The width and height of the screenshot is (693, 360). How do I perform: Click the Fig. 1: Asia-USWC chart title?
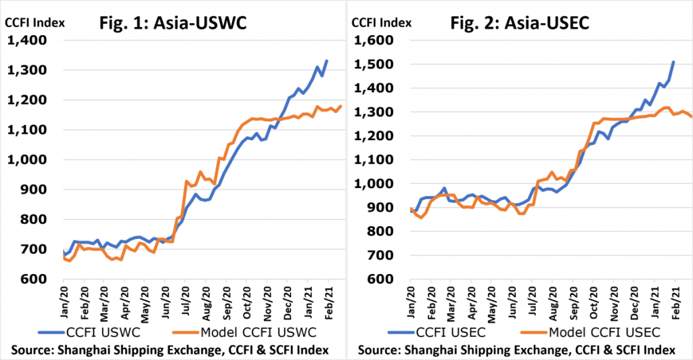173,23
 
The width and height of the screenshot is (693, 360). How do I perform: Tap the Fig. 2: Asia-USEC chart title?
520,23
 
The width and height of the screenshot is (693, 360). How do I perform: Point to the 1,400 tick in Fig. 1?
27,40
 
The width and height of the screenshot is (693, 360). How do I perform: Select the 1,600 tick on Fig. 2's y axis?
374,40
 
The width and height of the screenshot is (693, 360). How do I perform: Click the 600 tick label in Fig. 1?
33,279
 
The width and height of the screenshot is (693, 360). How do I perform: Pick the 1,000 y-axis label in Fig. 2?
374,184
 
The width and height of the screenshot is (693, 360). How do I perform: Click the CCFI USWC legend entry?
89,332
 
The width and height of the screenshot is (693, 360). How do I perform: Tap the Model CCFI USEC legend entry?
590,332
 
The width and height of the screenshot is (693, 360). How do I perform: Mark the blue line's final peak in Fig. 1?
327,60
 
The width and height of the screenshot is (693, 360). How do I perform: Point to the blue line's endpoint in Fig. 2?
673,62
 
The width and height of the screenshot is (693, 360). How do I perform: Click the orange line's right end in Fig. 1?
341,106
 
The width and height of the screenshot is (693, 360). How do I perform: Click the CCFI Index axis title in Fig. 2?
382,22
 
